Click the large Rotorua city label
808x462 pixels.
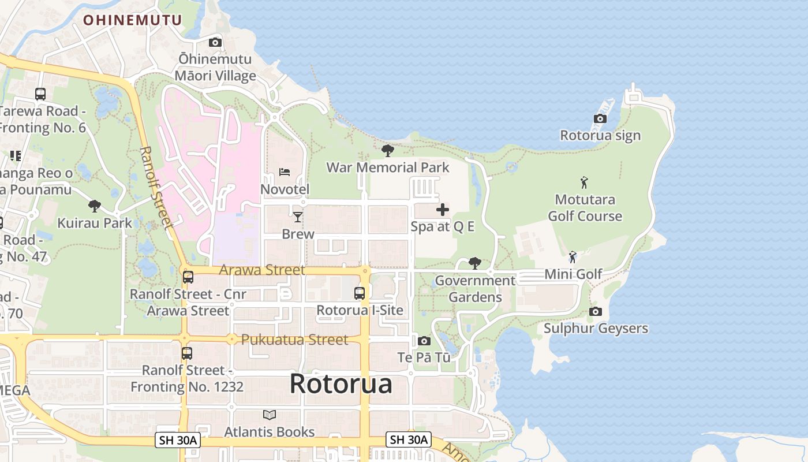tap(341, 384)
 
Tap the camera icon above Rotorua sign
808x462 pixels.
tap(600, 119)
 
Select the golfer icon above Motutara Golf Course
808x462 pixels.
tap(585, 183)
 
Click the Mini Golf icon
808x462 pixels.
tap(573, 257)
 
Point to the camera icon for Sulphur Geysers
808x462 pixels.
tap(596, 312)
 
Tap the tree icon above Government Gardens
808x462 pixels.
tap(475, 263)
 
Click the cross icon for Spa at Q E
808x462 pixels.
tap(443, 210)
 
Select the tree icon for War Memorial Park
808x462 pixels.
tap(388, 151)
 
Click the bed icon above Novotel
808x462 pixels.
tap(285, 172)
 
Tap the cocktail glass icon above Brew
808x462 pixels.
tap(298, 217)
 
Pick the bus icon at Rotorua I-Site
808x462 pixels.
tap(360, 293)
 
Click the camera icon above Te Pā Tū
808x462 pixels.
tap(424, 341)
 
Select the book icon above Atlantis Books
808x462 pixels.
tap(270, 415)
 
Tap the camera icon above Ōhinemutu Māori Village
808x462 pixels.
tap(215, 42)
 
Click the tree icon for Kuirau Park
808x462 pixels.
tap(95, 206)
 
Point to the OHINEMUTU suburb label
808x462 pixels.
tap(132, 20)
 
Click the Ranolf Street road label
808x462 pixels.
tap(156, 188)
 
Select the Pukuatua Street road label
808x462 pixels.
tap(294, 340)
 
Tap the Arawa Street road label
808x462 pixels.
tap(262, 270)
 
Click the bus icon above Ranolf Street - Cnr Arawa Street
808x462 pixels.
tap(188, 277)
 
